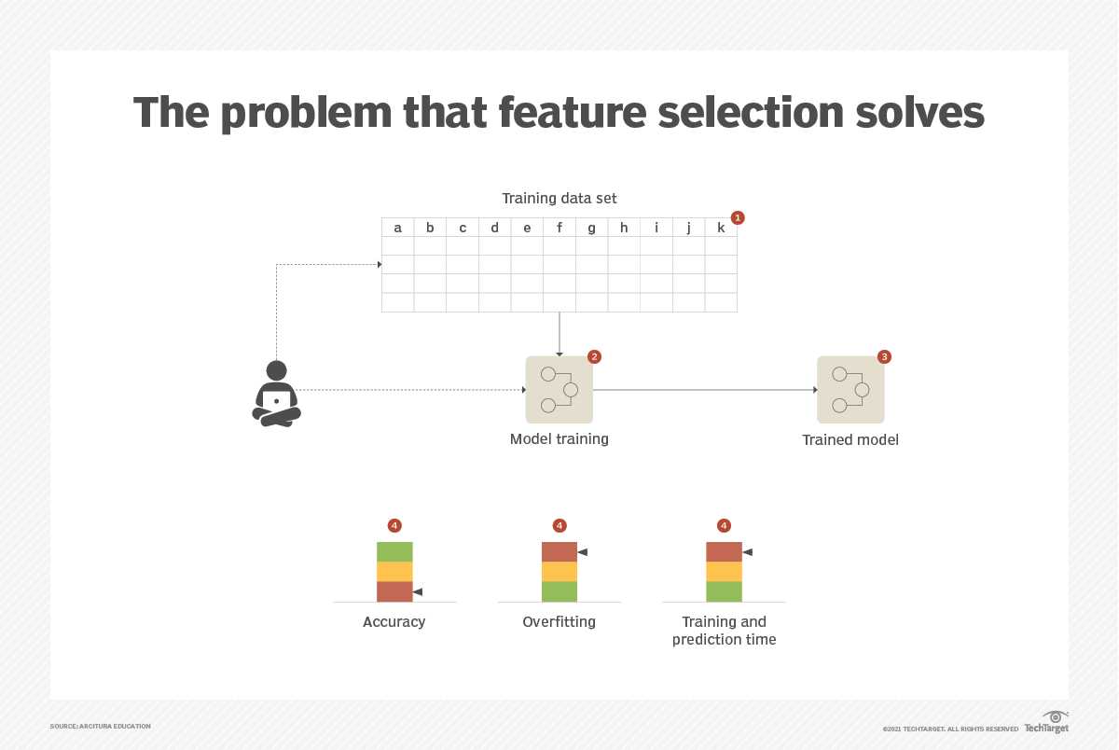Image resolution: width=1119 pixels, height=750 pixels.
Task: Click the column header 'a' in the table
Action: pos(398,228)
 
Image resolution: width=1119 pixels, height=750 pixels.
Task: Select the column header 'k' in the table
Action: pos(721,228)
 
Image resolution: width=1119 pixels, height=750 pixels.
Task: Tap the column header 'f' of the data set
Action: pos(559,228)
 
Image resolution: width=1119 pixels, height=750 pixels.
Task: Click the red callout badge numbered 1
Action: pos(738,217)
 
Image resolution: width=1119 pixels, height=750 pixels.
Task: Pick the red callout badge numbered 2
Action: pos(594,356)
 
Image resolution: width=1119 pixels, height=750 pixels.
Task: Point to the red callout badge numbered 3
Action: pos(884,356)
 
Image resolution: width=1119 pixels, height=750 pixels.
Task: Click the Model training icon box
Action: pos(559,390)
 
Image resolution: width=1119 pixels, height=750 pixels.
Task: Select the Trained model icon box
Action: pos(850,390)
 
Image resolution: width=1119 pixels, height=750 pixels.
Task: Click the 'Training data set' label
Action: pos(559,198)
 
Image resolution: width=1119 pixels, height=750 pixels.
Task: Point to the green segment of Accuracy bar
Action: pos(394,551)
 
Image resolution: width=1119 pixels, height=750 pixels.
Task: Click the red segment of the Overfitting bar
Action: pos(559,551)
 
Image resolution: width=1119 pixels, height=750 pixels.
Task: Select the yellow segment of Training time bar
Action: pos(724,571)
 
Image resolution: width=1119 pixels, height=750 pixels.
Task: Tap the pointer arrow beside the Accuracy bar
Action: pos(418,591)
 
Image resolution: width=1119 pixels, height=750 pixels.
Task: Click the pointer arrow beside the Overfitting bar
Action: pos(583,552)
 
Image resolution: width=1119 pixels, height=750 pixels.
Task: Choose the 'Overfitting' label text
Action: pos(559,621)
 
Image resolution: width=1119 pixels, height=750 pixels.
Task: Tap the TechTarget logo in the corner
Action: pos(1046,723)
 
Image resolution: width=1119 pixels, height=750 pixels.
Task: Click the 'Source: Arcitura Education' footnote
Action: pos(100,726)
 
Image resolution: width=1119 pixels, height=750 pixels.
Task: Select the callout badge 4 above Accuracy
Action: pos(394,526)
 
